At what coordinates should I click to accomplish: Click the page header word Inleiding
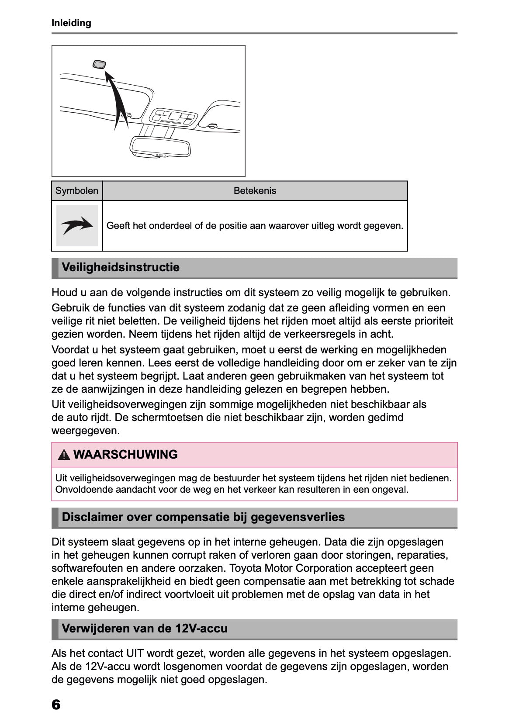(x=71, y=23)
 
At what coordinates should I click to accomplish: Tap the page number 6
(x=56, y=704)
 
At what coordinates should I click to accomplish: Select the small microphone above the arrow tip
(x=100, y=65)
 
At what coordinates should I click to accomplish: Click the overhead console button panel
(x=173, y=117)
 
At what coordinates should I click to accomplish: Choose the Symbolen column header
(x=77, y=191)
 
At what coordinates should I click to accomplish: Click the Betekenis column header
(x=255, y=191)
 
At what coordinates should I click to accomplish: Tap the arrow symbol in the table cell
(x=77, y=226)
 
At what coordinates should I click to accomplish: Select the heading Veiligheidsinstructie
(x=121, y=267)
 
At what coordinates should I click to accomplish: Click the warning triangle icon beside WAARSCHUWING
(x=64, y=455)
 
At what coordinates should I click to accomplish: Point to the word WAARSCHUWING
(x=125, y=455)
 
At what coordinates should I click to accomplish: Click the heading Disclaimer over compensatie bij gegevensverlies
(x=203, y=517)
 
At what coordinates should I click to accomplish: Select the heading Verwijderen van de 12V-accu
(x=145, y=629)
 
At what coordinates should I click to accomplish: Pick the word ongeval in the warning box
(x=390, y=490)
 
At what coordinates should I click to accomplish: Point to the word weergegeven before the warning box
(x=85, y=431)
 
